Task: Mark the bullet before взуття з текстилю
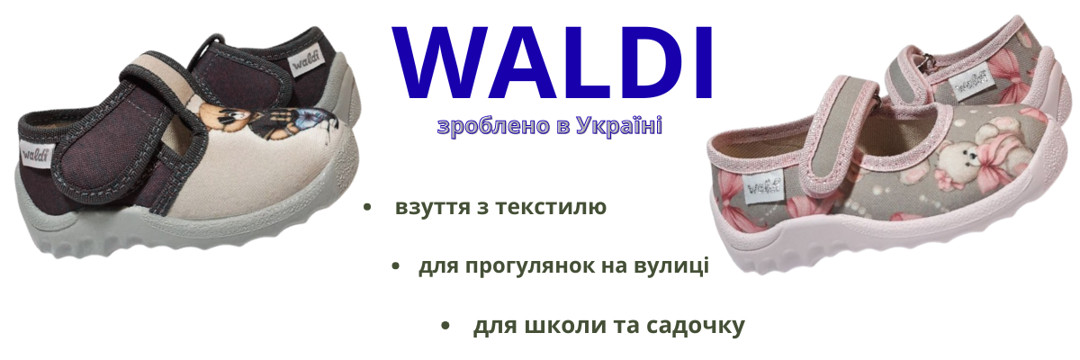[367, 207]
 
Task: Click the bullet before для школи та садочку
[445, 326]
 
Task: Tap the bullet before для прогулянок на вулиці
[396, 266]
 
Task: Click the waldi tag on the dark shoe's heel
[36, 156]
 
